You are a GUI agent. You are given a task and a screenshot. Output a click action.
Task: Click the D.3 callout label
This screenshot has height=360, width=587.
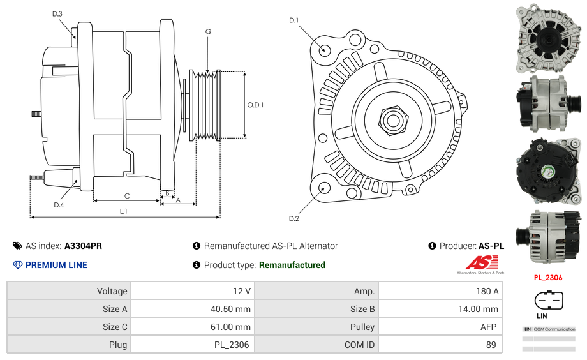[x=57, y=13]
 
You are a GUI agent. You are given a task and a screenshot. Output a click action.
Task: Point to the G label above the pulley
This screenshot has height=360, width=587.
[x=208, y=32]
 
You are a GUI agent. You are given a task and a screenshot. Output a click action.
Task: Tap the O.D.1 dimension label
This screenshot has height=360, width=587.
[x=255, y=105]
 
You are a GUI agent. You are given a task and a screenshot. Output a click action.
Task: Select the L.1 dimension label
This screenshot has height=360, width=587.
[x=124, y=211]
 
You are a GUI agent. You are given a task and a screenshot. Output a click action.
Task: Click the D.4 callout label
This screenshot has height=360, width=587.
[x=59, y=205]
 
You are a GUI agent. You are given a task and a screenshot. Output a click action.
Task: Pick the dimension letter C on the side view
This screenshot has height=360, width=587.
[x=127, y=195]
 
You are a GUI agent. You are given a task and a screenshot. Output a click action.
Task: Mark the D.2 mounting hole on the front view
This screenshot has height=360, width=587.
[x=323, y=188]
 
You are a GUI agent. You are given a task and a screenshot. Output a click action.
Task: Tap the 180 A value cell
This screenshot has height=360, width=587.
[x=440, y=291]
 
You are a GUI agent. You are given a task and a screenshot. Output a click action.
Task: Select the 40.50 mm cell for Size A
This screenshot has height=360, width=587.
[x=192, y=309]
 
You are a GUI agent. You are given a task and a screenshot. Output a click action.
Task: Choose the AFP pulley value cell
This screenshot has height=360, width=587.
[x=440, y=327]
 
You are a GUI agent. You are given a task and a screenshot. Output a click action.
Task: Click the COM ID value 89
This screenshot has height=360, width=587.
[x=440, y=345]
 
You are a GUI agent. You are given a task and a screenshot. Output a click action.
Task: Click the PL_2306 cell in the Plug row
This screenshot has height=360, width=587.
[x=192, y=345]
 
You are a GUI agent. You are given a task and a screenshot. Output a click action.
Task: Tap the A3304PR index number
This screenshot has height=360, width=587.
[x=83, y=246]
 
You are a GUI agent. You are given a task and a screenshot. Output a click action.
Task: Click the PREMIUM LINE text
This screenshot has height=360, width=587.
[x=56, y=265]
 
